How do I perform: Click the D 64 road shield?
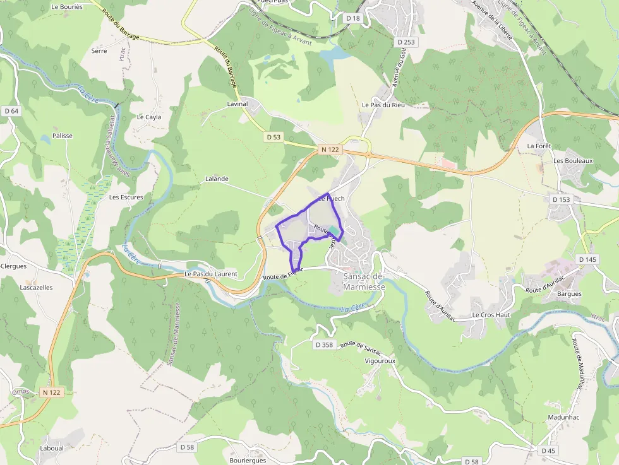[x=11, y=111]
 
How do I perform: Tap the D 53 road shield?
[x=273, y=137]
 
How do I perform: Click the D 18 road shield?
[x=353, y=18]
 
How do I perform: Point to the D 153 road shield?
[x=561, y=199]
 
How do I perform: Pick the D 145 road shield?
[x=587, y=259]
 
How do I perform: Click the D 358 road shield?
[x=323, y=344]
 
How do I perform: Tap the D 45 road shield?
[x=548, y=450]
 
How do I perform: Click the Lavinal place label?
[x=237, y=103]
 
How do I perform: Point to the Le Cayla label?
[x=149, y=117]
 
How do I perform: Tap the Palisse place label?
[x=63, y=136]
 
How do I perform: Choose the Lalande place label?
[x=217, y=179]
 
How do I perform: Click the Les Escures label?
[x=126, y=197]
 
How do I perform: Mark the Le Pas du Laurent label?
[x=211, y=274]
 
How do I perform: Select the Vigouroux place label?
[x=380, y=361]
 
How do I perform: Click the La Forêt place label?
[x=539, y=146]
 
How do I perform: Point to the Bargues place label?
[x=568, y=294]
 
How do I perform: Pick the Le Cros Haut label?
[x=491, y=314]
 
